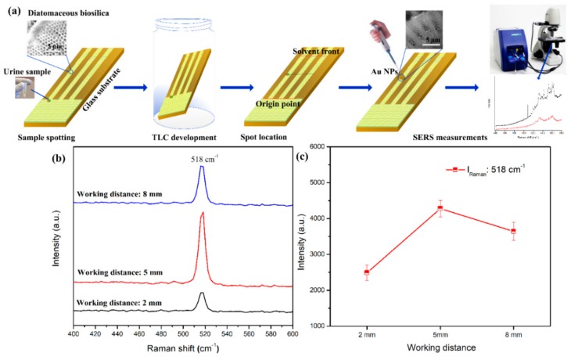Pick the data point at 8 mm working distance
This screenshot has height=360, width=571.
pyautogui.click(x=535, y=231)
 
